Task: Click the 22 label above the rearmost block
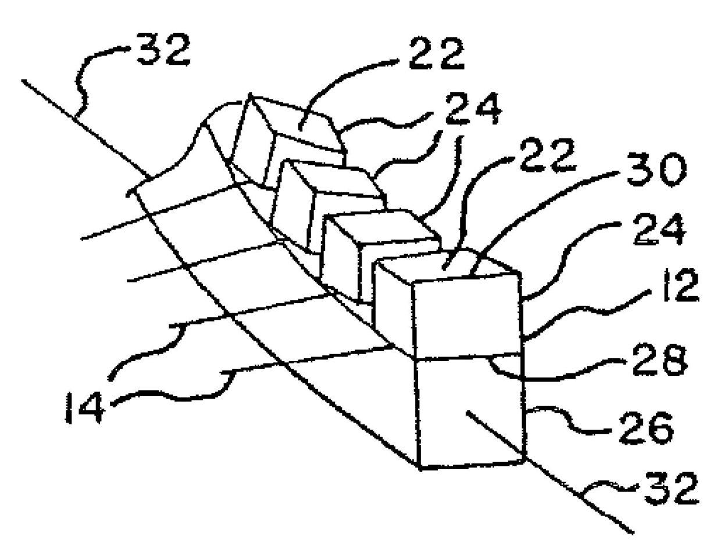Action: [436, 53]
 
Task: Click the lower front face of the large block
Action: [471, 410]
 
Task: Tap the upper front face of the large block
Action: [468, 317]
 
